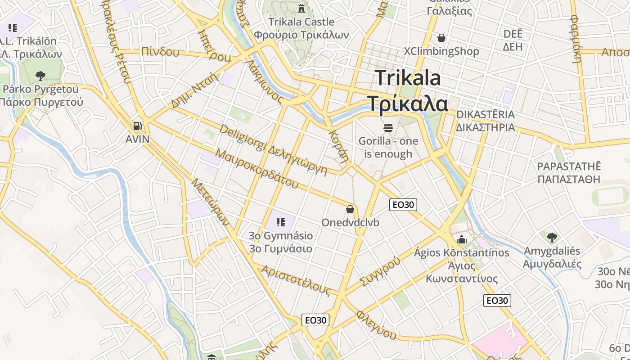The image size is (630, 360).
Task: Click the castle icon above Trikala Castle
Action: [301, 8]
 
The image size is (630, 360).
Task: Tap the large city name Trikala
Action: [408, 78]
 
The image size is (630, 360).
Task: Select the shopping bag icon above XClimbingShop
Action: [441, 38]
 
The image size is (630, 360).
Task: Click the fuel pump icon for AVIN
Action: [138, 126]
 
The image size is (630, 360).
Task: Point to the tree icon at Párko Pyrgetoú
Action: [40, 75]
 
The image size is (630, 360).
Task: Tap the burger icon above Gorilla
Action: [388, 128]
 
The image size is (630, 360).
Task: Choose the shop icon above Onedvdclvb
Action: [350, 209]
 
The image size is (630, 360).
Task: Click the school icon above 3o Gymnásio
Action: [281, 222]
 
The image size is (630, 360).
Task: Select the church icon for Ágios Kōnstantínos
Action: [462, 239]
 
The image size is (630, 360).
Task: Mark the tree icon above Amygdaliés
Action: [552, 237]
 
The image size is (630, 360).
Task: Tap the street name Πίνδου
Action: [160, 52]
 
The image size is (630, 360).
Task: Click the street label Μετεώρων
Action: [210, 202]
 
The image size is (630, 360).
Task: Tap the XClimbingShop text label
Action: [441, 51]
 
